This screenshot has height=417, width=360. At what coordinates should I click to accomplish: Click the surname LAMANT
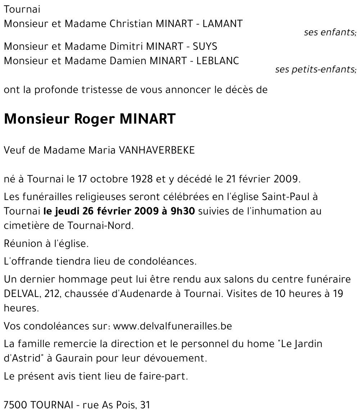[x=222, y=24]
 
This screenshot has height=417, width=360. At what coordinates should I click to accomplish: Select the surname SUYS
[x=205, y=46]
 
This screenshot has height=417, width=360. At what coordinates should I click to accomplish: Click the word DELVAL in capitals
[x=22, y=294]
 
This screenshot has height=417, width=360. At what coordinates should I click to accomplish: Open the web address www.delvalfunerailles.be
[x=172, y=326]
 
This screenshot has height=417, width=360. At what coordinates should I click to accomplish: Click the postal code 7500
[x=15, y=405]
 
